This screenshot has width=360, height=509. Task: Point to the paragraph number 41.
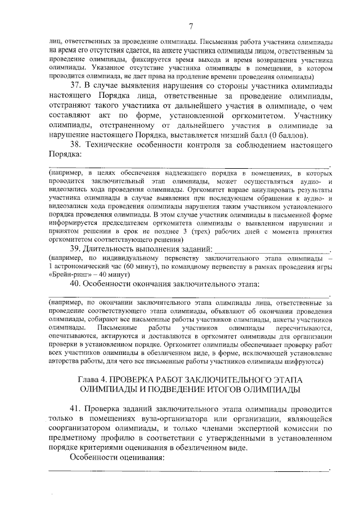point(76,409)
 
